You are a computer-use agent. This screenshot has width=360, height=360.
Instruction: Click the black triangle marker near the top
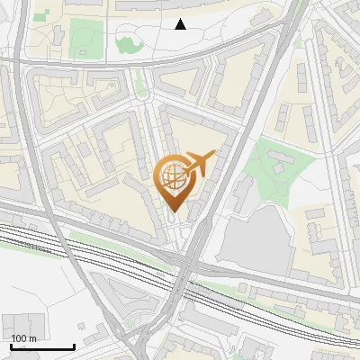click(x=180, y=24)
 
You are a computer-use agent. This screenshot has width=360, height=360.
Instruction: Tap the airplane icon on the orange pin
click(x=200, y=164)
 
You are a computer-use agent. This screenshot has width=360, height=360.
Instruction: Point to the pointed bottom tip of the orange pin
click(x=171, y=211)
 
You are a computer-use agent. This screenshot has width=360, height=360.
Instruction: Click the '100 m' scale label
click(x=23, y=338)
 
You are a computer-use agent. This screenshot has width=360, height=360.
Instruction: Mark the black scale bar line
click(x=41, y=346)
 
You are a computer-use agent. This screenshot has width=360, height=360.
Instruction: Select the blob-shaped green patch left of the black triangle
click(x=129, y=40)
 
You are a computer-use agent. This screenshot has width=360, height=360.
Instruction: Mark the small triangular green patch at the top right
click(x=298, y=41)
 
